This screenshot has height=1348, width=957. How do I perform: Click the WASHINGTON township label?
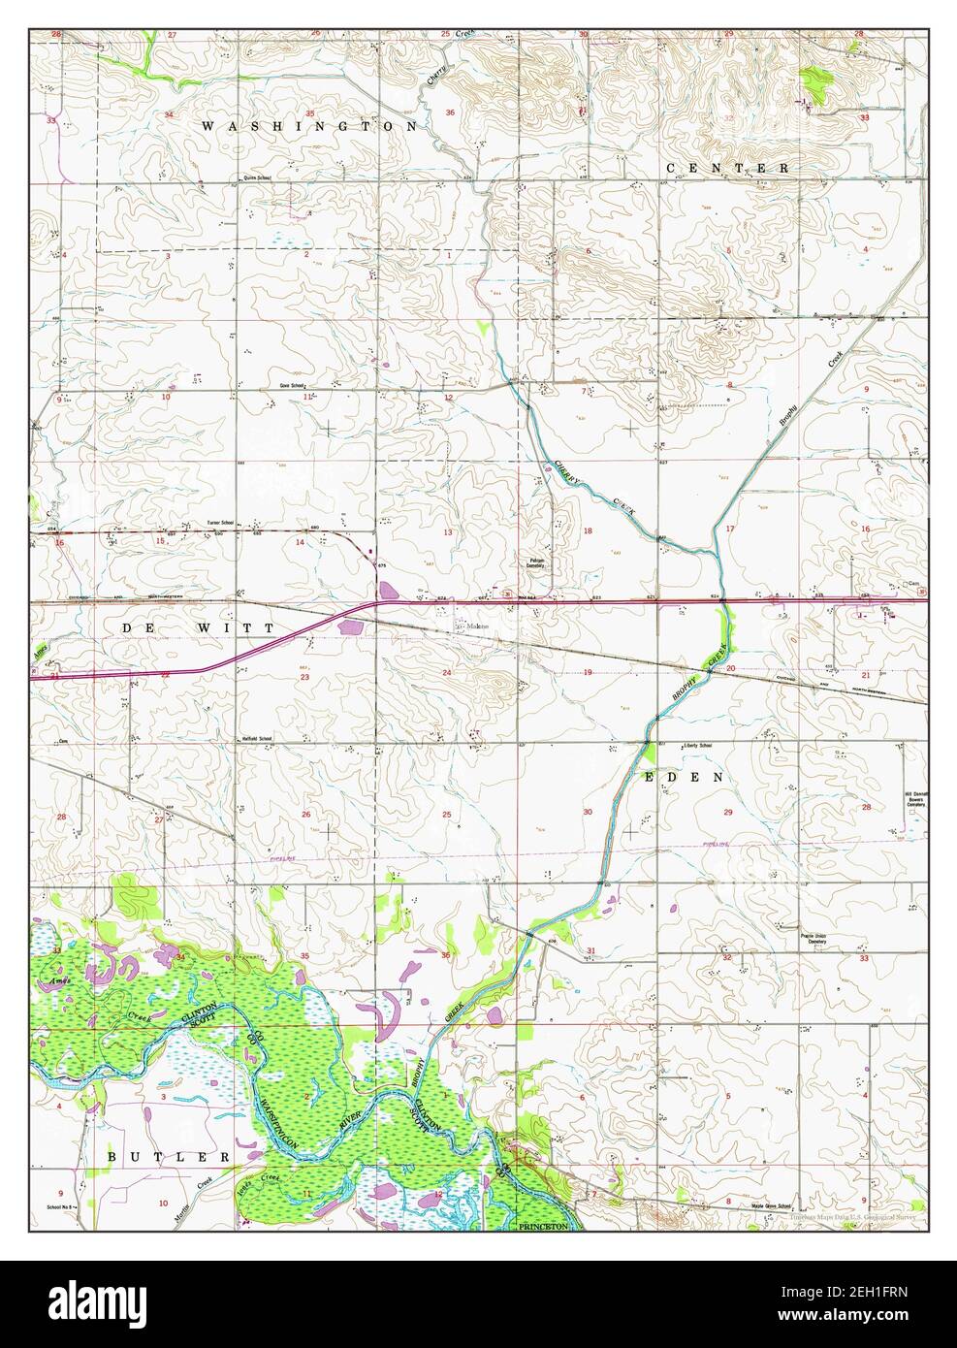coord(310,126)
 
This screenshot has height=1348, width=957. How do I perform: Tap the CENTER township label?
coord(728,168)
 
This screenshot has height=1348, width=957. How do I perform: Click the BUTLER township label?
coord(169,1157)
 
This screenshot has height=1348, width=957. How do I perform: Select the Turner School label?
coord(221,524)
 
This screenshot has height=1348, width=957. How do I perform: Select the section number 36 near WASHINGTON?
coord(449,112)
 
